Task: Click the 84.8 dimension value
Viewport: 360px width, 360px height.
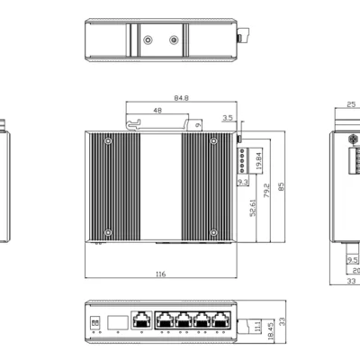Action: (x=182, y=98)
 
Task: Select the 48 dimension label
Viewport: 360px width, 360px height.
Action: (x=157, y=111)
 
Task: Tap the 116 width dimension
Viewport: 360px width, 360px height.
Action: (x=161, y=274)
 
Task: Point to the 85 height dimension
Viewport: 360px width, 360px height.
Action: (x=281, y=187)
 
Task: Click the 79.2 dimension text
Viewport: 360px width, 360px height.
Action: (x=266, y=191)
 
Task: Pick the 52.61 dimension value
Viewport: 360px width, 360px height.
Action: (x=253, y=208)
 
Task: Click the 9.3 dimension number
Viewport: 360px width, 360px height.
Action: (x=243, y=182)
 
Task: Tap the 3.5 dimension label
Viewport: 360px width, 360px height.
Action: (x=228, y=118)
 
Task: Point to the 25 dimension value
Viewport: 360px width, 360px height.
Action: (x=351, y=104)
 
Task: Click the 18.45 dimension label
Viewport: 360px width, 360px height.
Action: (x=270, y=331)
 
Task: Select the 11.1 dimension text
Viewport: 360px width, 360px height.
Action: (x=257, y=326)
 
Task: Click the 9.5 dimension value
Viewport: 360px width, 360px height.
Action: (x=353, y=260)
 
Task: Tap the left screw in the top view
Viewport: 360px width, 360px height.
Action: (x=148, y=40)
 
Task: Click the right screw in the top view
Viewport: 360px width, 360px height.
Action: (x=174, y=40)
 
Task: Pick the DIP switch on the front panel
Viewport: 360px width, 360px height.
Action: (x=95, y=323)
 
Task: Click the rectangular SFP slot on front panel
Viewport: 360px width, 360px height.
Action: (x=118, y=322)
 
